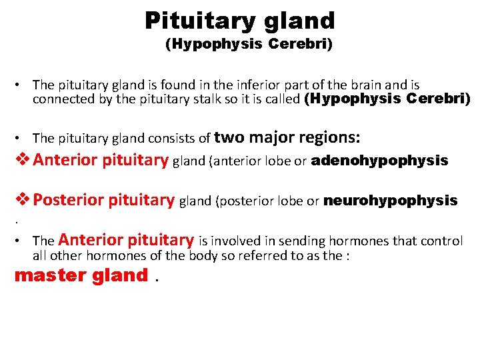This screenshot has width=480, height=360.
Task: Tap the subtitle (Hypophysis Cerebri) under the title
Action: pyautogui.click(x=249, y=45)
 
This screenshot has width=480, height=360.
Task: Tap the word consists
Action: pyautogui.click(x=179, y=138)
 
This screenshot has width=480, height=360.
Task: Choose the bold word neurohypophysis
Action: pyautogui.click(x=390, y=200)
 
